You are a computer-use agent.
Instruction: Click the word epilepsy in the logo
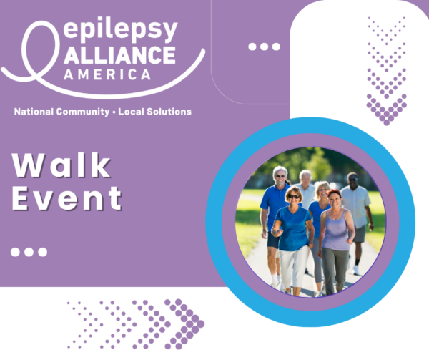(x=121, y=30)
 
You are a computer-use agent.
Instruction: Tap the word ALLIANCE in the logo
(x=119, y=55)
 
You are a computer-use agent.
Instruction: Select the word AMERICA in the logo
(x=107, y=74)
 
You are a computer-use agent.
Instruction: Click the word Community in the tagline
(x=83, y=112)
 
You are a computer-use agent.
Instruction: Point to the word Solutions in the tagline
(x=169, y=112)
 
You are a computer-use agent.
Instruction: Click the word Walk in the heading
(x=61, y=165)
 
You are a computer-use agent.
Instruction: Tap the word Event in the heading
(x=66, y=198)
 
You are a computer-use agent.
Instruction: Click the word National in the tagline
(x=34, y=112)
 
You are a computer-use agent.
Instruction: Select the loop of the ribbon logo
(x=41, y=49)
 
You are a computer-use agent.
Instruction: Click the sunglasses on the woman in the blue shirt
(x=294, y=196)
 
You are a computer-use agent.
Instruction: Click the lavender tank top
(x=336, y=230)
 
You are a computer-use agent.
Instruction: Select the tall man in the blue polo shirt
(x=275, y=219)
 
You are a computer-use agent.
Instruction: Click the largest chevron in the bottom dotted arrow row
(x=184, y=324)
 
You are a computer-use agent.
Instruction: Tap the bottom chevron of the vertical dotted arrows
(x=386, y=110)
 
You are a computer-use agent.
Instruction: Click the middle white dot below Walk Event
(x=29, y=252)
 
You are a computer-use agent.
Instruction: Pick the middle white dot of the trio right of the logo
(x=265, y=47)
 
